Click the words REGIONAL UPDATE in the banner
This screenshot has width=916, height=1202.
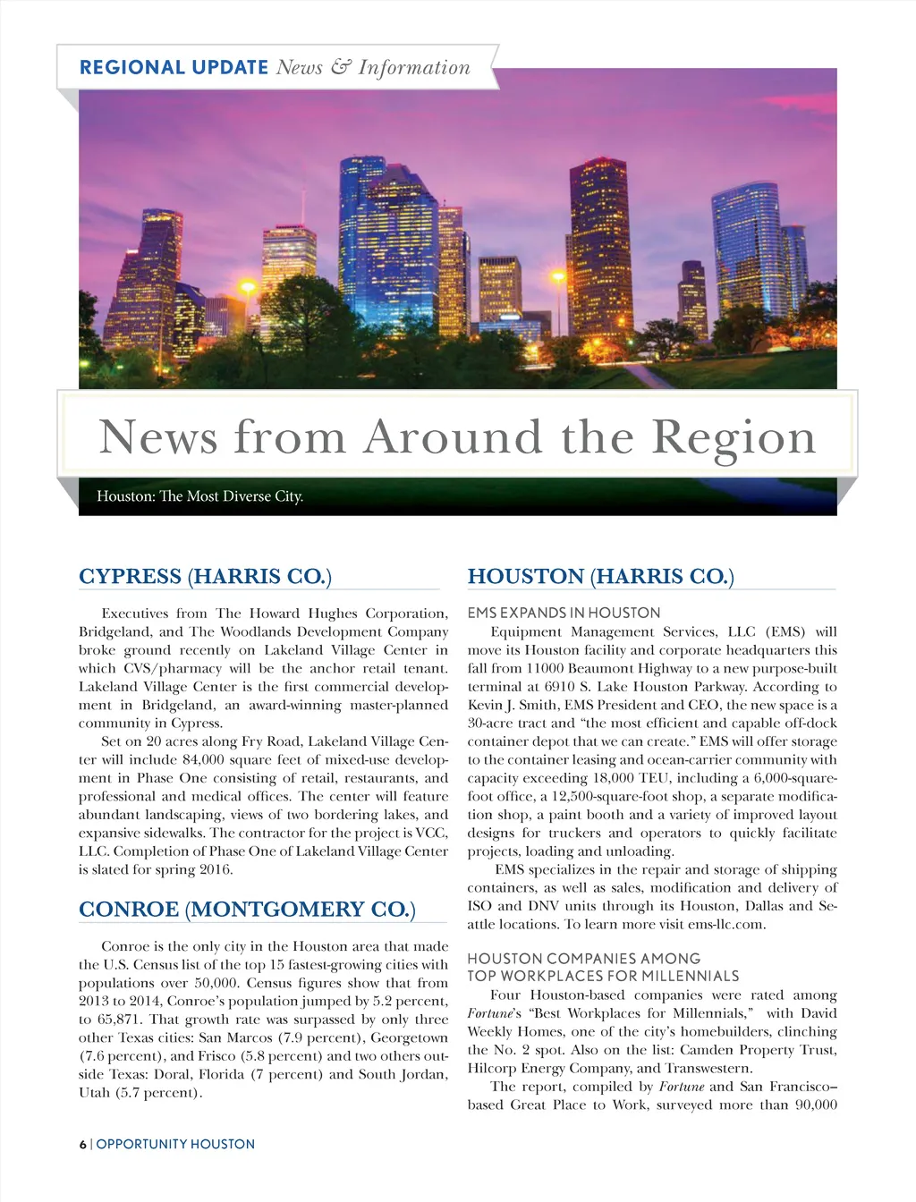pyautogui.click(x=174, y=67)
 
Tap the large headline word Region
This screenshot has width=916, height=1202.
pyautogui.click(x=734, y=437)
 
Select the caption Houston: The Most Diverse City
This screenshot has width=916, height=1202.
pyautogui.click(x=199, y=496)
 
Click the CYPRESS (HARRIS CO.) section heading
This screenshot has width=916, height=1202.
pyautogui.click(x=205, y=577)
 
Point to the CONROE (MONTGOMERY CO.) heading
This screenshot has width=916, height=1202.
pyautogui.click(x=247, y=910)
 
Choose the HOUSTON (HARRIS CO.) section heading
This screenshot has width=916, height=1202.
pyautogui.click(x=600, y=577)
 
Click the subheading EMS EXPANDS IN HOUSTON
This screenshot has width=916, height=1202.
pyautogui.click(x=564, y=613)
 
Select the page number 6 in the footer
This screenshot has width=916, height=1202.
pyautogui.click(x=82, y=1144)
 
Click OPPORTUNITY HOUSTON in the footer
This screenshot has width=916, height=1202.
pyautogui.click(x=175, y=1144)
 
